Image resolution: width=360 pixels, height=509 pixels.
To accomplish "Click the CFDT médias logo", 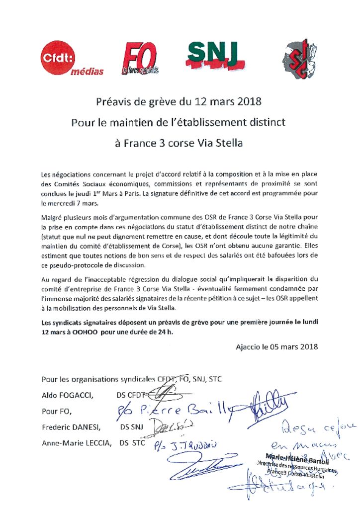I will click(72, 60).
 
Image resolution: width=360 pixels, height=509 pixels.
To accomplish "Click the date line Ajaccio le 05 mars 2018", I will click(276, 346).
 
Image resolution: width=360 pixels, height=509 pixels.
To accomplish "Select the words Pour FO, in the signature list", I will click(57, 412).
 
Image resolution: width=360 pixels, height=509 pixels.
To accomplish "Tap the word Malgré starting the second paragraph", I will click(52, 217).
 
